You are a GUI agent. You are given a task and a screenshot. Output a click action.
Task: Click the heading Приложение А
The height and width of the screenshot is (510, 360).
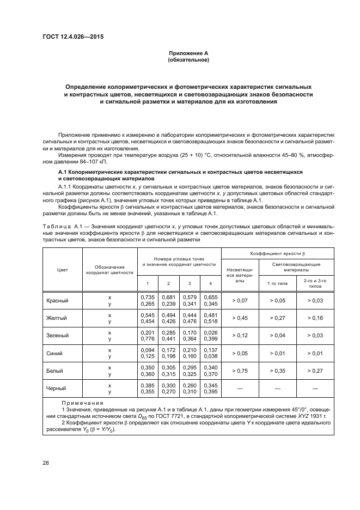(x=188, y=53)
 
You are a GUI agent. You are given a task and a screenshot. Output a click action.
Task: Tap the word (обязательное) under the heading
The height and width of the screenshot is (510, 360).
(x=188, y=60)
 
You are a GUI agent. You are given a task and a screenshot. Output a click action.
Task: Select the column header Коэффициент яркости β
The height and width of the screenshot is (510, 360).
(x=277, y=254)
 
